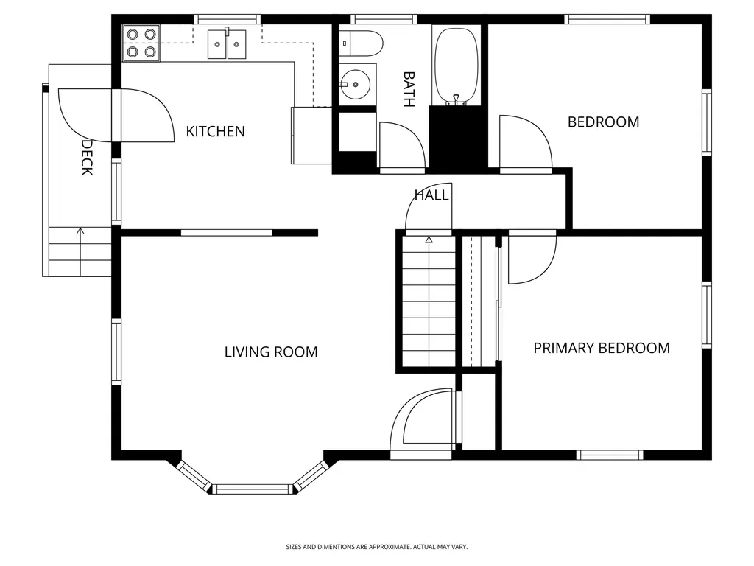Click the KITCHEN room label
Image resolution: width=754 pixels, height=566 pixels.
(x=215, y=131)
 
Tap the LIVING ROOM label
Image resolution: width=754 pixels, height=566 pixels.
(x=271, y=352)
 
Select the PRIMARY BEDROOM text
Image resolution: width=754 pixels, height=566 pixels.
(x=602, y=348)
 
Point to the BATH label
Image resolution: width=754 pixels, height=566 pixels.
(x=409, y=89)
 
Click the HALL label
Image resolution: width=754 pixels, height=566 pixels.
(x=431, y=195)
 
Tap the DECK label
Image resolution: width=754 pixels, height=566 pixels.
(x=87, y=158)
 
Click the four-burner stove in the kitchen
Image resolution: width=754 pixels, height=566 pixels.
(x=141, y=43)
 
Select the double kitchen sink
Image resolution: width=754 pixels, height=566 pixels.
(x=227, y=43)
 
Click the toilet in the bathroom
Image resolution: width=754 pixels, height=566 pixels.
(x=361, y=43)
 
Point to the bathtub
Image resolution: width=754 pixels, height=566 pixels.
(x=457, y=65)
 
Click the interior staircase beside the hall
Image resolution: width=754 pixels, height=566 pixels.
(x=429, y=301)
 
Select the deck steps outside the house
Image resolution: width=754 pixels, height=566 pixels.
(x=80, y=251)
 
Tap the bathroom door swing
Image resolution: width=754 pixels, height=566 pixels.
(x=402, y=146)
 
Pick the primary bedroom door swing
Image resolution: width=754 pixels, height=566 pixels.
(x=532, y=258)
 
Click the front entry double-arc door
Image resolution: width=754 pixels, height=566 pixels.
(x=421, y=424)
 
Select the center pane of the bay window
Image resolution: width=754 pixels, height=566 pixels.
(x=253, y=489)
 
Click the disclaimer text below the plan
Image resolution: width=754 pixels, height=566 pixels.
(x=376, y=547)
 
